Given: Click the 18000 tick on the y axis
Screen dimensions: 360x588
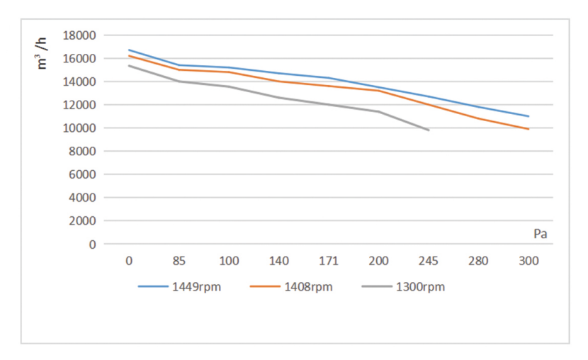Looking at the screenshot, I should coord(79,35).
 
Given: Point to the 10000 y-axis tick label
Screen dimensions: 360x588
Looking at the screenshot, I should coord(79,128).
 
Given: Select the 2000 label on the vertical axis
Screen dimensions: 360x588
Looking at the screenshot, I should coord(81,221).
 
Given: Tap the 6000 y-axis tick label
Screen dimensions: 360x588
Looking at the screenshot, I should coord(81,174).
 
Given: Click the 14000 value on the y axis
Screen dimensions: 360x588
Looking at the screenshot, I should coord(79,82).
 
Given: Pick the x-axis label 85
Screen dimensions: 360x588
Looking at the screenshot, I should coord(179,261).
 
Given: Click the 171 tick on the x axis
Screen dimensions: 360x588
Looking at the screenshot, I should coord(329,261).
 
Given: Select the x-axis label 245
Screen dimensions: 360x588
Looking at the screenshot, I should coord(429,261).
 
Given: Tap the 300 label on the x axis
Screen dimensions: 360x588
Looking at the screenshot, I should coord(528,261).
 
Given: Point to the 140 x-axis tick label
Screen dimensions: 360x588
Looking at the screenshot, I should coord(279,261).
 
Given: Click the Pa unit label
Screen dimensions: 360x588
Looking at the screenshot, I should coord(541,232).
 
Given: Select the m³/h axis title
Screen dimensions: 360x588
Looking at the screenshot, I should coord(43,53).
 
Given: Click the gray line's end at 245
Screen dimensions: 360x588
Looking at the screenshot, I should coord(429,130).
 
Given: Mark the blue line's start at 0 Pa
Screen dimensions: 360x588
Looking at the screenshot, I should coord(129,50).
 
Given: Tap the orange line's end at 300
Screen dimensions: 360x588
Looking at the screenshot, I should coord(528,129).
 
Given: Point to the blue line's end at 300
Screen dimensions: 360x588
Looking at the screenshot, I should coord(528,116).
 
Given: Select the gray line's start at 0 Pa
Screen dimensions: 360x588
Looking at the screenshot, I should coord(129,66).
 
